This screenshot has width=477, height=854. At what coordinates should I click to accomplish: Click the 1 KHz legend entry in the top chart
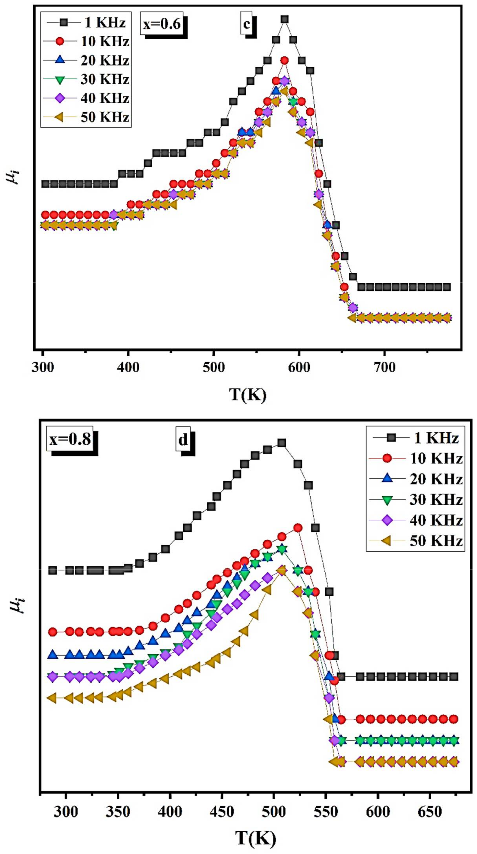click(x=86, y=23)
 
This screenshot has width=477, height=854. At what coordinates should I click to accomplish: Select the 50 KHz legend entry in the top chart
click(x=86, y=117)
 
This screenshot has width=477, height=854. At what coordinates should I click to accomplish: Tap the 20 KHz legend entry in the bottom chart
click(x=416, y=479)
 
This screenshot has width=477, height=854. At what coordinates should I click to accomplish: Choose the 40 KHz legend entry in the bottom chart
click(x=416, y=520)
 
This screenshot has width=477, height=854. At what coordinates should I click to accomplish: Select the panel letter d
click(x=183, y=440)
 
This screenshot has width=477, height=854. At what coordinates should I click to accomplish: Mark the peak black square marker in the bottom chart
click(x=282, y=443)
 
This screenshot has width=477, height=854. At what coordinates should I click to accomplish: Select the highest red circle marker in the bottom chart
click(x=298, y=528)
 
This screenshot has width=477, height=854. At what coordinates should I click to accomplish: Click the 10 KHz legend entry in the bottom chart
click(x=416, y=458)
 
